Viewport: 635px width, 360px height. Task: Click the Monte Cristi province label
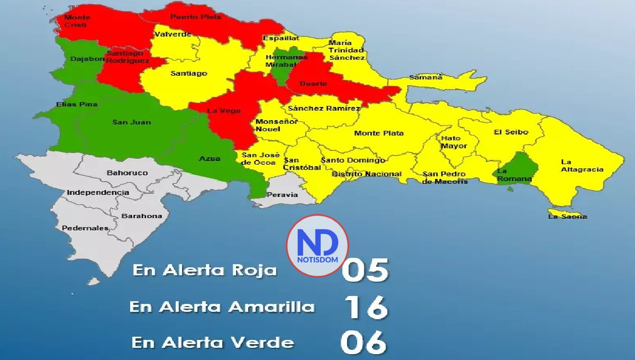click(x=75, y=21)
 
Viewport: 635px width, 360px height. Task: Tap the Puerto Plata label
click(x=188, y=17)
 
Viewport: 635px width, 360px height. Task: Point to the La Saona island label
click(x=567, y=216)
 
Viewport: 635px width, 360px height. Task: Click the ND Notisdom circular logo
click(x=317, y=245)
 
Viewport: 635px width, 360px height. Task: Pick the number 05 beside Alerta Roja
click(x=365, y=270)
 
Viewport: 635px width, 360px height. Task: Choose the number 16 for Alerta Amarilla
click(x=366, y=308)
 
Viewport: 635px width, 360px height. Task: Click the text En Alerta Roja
click(x=205, y=271)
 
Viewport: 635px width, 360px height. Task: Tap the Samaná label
click(x=425, y=77)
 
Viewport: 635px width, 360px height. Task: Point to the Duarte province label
click(x=313, y=84)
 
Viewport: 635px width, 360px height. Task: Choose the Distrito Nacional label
click(x=366, y=174)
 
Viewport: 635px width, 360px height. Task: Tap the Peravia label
click(x=282, y=194)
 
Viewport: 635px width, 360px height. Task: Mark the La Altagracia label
click(x=582, y=166)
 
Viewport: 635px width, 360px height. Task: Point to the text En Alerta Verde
click(x=213, y=343)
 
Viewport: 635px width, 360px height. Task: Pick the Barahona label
click(x=142, y=216)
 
